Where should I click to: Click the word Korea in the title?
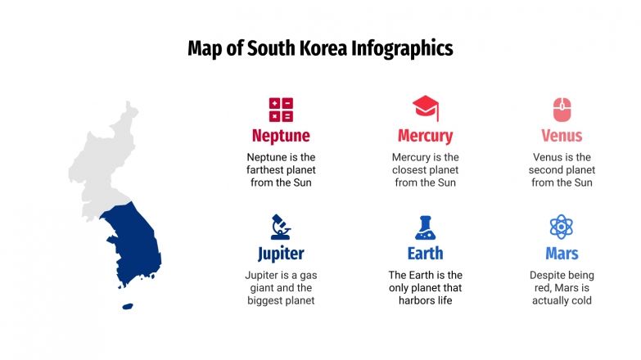point(318,48)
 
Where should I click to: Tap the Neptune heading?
point(281,136)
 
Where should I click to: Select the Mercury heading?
point(425,136)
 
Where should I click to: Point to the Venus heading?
point(562,136)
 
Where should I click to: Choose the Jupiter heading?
point(281,253)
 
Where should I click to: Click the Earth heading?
point(425,253)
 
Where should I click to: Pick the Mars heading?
point(562,253)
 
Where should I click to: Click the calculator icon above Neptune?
point(281,110)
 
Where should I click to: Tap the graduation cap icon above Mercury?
point(425,108)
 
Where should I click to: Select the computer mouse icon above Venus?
point(562,109)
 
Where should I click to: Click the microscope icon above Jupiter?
point(280,227)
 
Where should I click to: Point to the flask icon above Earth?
point(425,227)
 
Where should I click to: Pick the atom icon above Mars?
point(562,227)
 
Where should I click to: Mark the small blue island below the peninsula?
point(127,307)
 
